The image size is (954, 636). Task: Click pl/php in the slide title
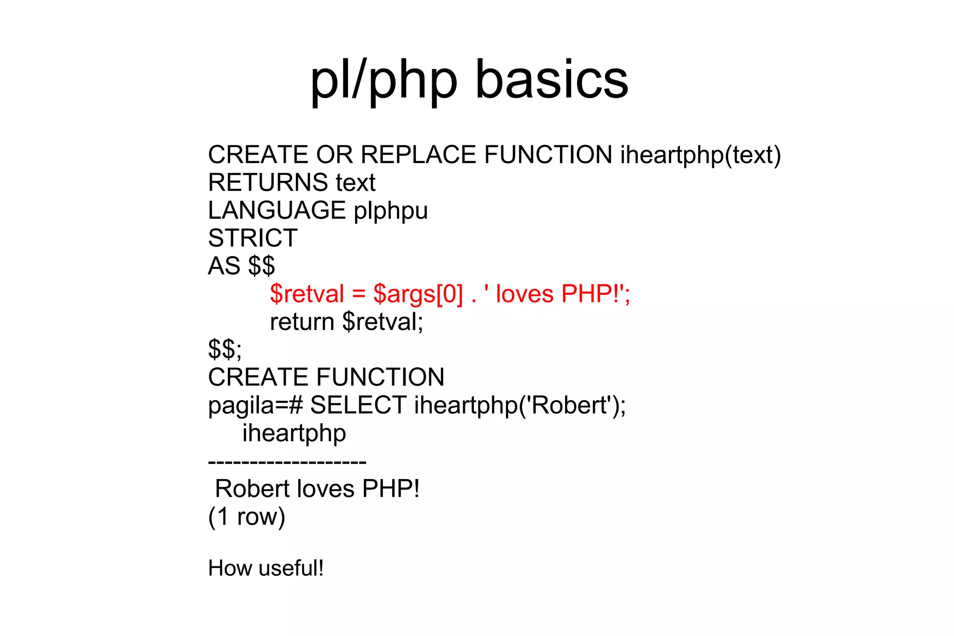click(383, 80)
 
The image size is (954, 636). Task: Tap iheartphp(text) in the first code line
click(700, 156)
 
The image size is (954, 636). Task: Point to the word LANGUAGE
click(277, 210)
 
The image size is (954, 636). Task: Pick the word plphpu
click(390, 211)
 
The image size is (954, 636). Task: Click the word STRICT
click(252, 238)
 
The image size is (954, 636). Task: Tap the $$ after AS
click(261, 266)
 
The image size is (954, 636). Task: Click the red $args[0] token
click(418, 294)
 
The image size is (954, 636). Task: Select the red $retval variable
click(307, 294)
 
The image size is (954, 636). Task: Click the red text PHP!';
click(595, 294)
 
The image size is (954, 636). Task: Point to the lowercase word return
click(302, 322)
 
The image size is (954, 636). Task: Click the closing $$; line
click(225, 349)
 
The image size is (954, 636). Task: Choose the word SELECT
click(358, 405)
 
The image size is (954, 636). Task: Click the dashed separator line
click(287, 462)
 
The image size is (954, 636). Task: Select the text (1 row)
click(246, 517)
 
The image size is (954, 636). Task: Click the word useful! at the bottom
click(291, 568)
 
